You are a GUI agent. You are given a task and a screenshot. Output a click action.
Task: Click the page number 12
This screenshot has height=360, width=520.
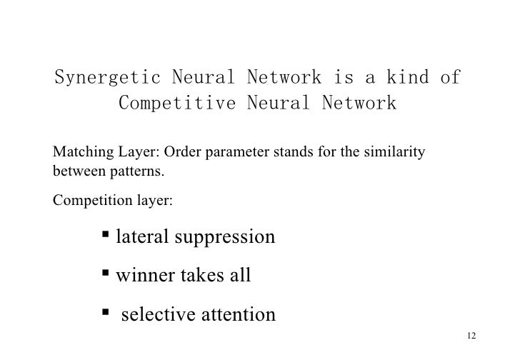click(470, 336)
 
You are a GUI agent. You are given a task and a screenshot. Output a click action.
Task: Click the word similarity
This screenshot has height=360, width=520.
click(396, 154)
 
